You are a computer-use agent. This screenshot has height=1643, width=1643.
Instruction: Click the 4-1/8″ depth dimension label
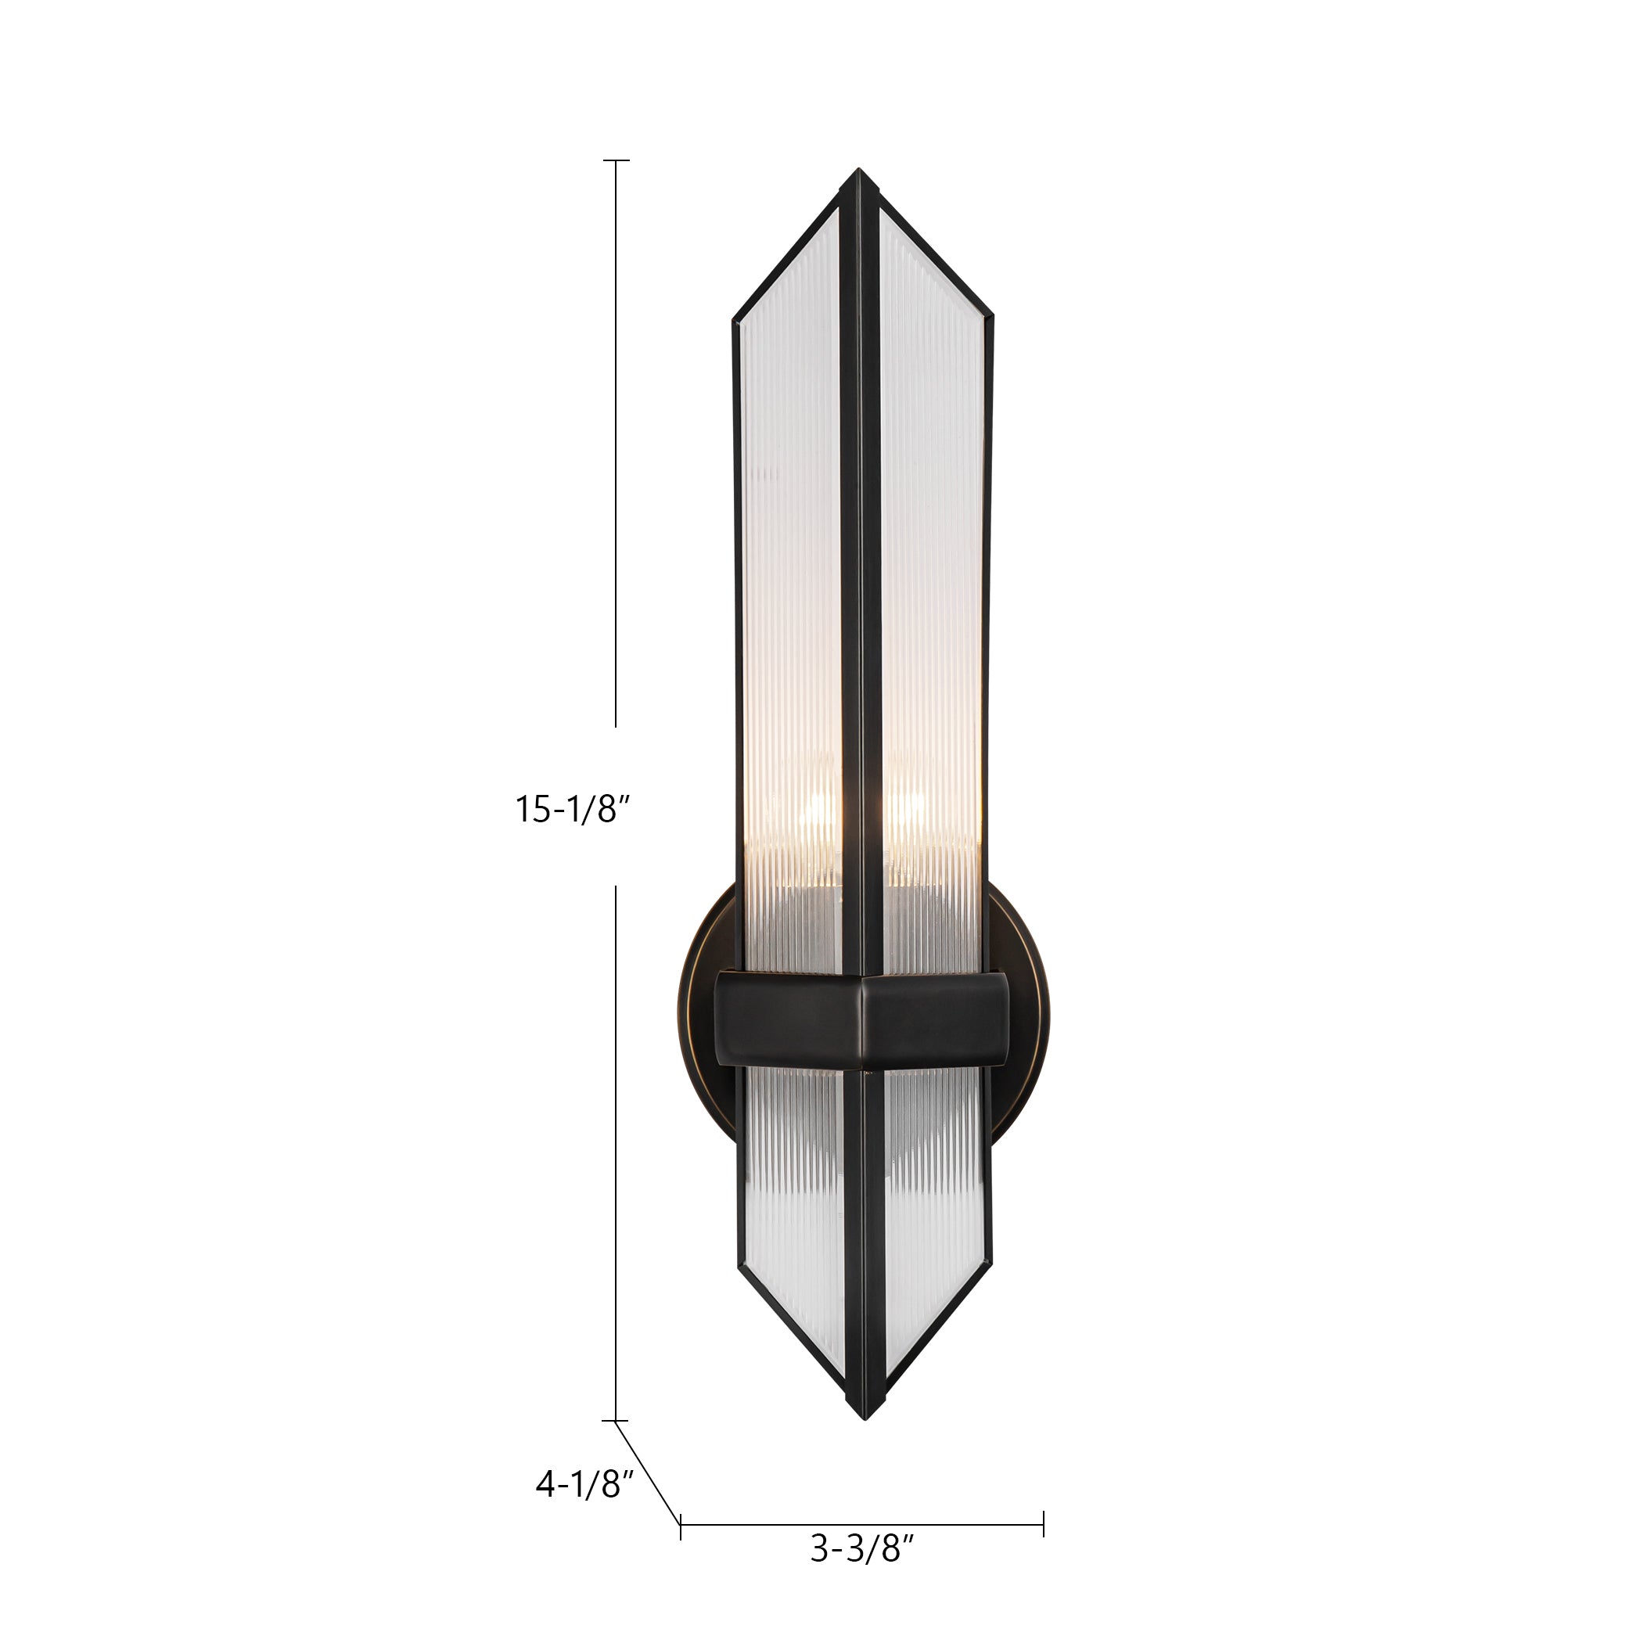[x=585, y=1485]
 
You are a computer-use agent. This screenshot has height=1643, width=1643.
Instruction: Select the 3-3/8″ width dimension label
[x=861, y=1573]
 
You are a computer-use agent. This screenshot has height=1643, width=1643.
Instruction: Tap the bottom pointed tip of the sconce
[x=863, y=1420]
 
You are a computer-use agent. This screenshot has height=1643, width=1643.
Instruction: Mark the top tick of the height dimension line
[x=616, y=160]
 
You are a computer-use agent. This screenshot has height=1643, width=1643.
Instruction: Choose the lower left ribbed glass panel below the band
[x=791, y=1191]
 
